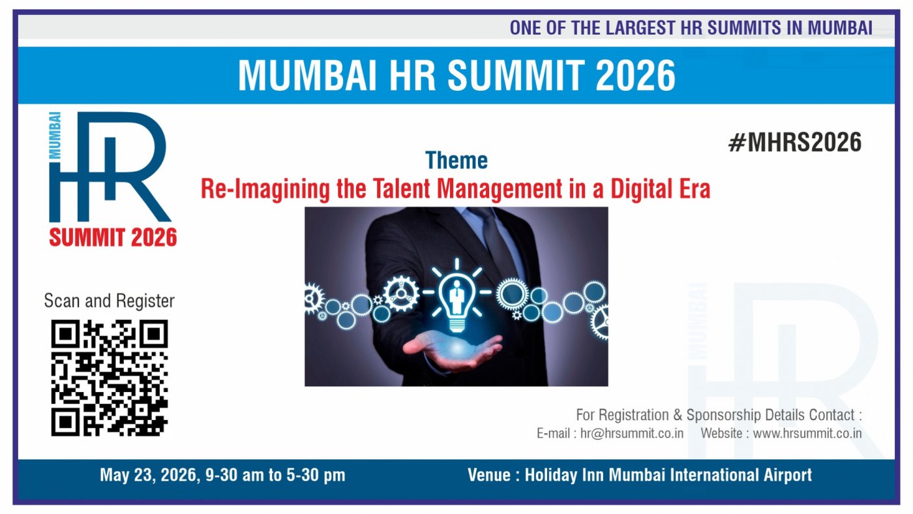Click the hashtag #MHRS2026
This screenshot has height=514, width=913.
pos(794,142)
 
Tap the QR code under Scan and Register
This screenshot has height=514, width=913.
pos(110,378)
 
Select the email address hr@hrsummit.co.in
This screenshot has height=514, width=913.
pos(632,433)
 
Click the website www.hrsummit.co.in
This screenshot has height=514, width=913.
pos(807,433)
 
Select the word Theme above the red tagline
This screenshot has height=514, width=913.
pos(456,160)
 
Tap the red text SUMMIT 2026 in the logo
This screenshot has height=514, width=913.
pos(113,237)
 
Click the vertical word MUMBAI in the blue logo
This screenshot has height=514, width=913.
pos(55,135)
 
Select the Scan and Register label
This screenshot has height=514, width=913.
pos(109,301)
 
